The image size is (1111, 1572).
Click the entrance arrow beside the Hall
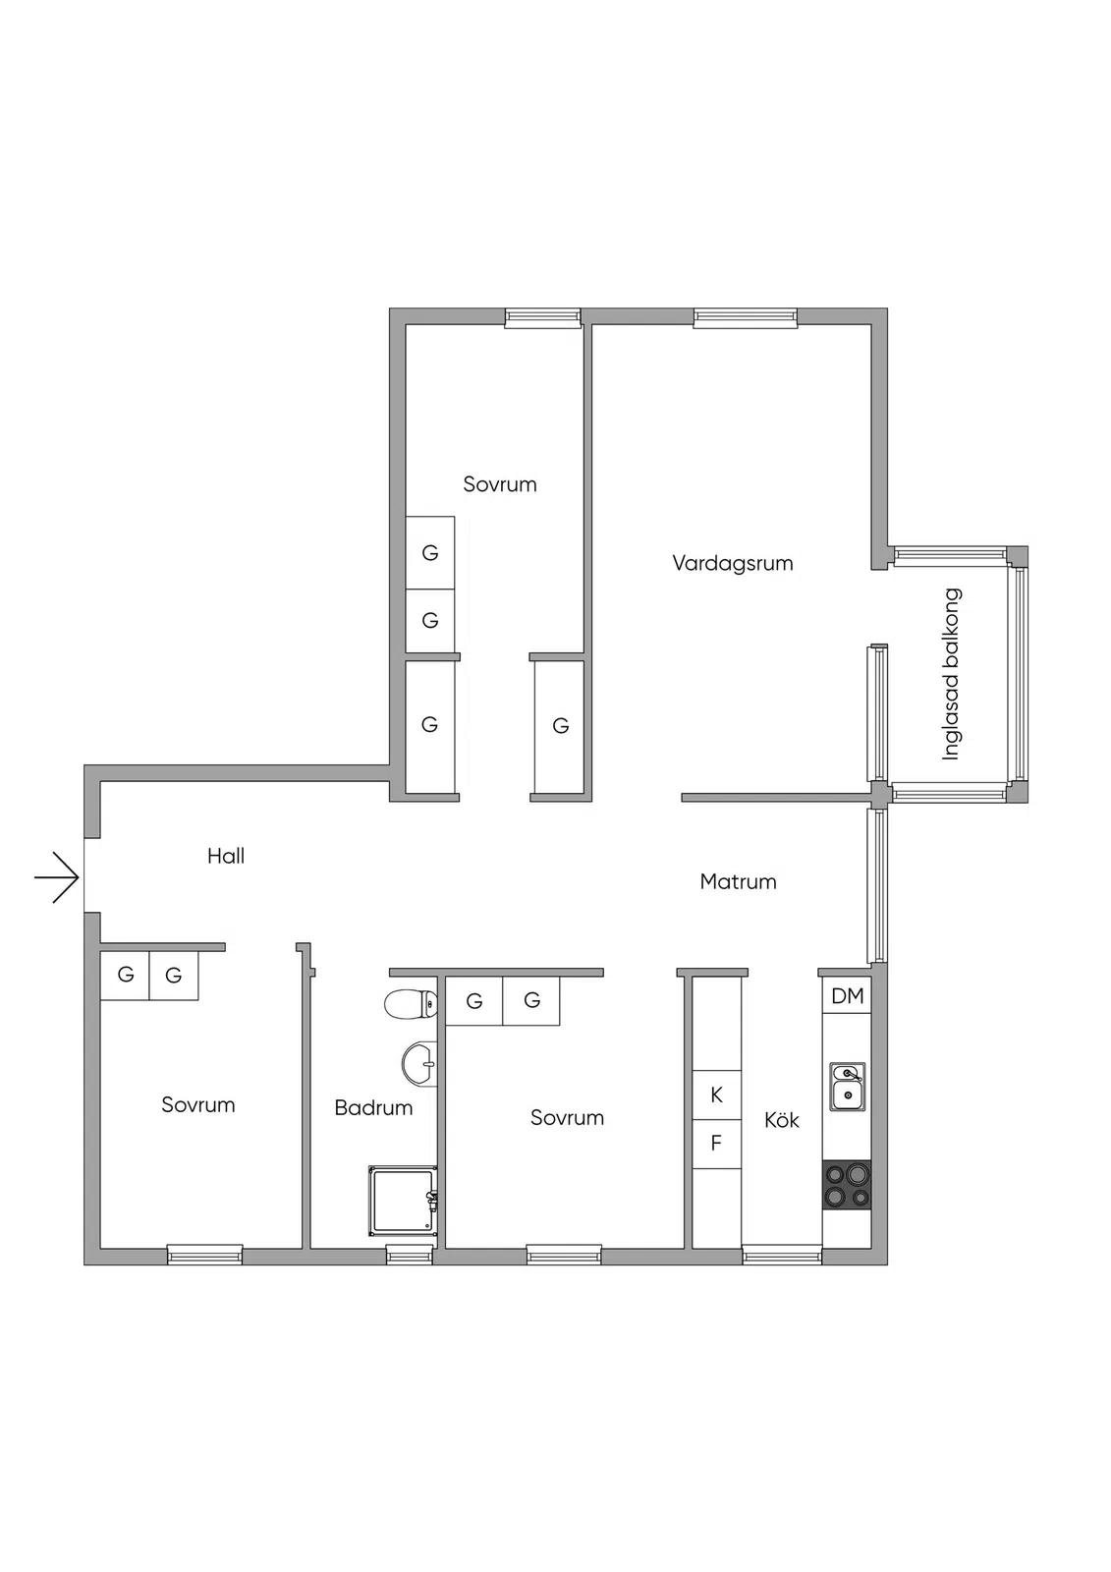tap(57, 877)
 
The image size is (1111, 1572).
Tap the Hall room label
tap(226, 856)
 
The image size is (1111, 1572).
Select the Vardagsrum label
tap(733, 564)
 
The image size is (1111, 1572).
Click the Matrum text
tap(739, 881)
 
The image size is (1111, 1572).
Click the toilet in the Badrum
tap(411, 1003)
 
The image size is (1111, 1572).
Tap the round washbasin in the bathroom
tap(419, 1065)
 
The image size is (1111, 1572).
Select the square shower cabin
tap(403, 1201)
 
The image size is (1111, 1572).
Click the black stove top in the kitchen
tap(847, 1185)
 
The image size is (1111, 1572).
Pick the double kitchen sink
tap(847, 1087)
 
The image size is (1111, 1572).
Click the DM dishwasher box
tap(847, 996)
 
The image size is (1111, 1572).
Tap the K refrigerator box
tap(716, 1095)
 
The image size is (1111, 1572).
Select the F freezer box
tap(716, 1144)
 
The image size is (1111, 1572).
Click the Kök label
tap(782, 1120)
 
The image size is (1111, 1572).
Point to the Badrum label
tap(373, 1108)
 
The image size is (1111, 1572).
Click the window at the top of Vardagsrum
tap(746, 318)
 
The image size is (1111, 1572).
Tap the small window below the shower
tap(410, 1255)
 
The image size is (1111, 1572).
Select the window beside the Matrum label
tap(877, 885)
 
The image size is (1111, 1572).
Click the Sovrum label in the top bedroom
tap(500, 484)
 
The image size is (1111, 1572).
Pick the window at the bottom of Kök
tap(782, 1255)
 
